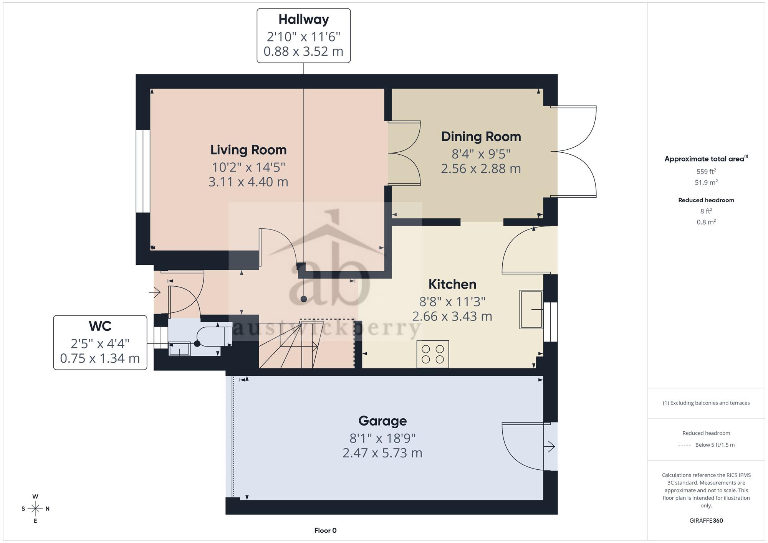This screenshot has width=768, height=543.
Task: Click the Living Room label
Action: click(x=248, y=150)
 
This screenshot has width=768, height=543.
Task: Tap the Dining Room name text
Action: click(x=481, y=136)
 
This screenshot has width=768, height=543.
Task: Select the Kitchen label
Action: click(x=452, y=284)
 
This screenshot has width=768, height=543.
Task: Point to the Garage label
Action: click(x=382, y=421)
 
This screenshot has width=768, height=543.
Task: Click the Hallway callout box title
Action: click(x=304, y=19)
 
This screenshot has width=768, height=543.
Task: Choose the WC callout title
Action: click(x=100, y=326)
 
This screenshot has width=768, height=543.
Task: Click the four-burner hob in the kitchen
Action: click(x=433, y=354)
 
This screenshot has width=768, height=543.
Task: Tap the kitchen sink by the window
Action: click(x=531, y=309)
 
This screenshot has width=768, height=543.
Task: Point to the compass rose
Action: click(x=35, y=509)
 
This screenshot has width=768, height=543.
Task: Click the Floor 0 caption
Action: click(x=325, y=530)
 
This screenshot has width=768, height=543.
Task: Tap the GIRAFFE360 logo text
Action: click(x=706, y=520)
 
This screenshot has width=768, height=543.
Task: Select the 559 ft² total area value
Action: click(x=706, y=172)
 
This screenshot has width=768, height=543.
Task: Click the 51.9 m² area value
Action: click(x=706, y=182)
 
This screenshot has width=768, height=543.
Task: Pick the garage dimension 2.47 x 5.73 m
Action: click(x=382, y=453)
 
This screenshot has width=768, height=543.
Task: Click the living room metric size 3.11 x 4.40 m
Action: click(x=248, y=182)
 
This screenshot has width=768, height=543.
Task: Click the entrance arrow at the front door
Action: click(x=154, y=292)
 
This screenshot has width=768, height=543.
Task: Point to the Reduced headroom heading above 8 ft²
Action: click(x=706, y=200)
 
